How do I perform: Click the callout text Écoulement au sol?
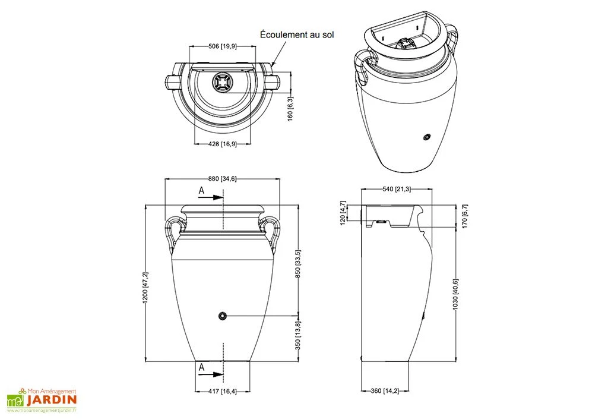tap(297, 35)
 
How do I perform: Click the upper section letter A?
tap(202, 191)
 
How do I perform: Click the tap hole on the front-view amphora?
tap(222, 315)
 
